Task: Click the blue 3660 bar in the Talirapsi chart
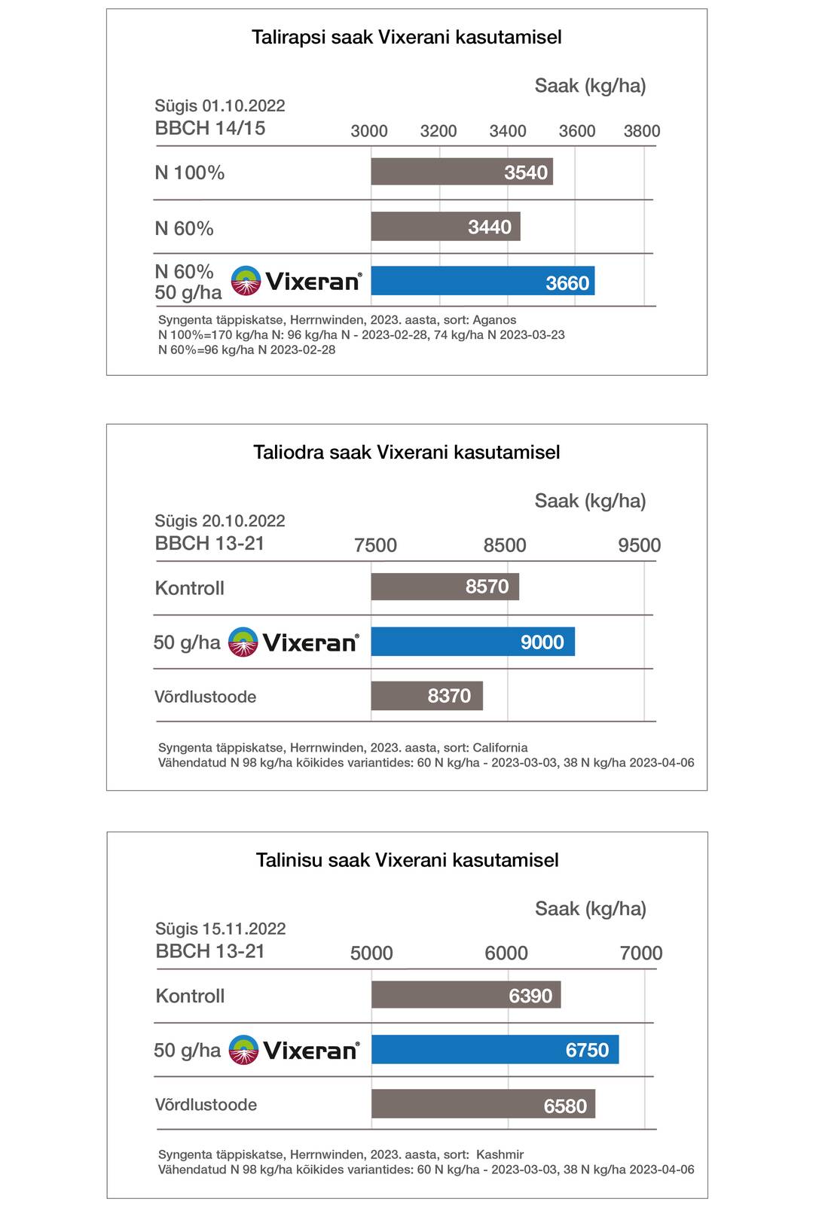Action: point(482,281)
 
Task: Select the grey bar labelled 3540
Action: point(461,172)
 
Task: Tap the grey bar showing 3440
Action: point(445,227)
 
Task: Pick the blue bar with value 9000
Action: point(472,642)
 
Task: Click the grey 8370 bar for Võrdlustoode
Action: point(426,696)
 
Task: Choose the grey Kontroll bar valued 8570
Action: point(445,587)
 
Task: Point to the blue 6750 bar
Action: point(494,1050)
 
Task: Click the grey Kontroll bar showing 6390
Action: point(466,996)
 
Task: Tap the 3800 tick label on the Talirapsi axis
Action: point(642,131)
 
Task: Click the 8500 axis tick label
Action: point(505,545)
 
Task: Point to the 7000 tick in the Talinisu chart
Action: point(641,953)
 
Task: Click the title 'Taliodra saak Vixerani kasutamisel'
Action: point(407,453)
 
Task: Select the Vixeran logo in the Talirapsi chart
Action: point(296,281)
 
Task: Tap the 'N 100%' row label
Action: point(190,173)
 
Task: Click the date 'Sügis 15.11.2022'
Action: point(221,929)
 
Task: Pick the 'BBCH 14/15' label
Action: point(210,129)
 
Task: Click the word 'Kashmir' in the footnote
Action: point(500,1155)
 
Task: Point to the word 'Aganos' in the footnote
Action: point(494,320)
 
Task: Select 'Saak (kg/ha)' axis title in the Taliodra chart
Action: point(590,501)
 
